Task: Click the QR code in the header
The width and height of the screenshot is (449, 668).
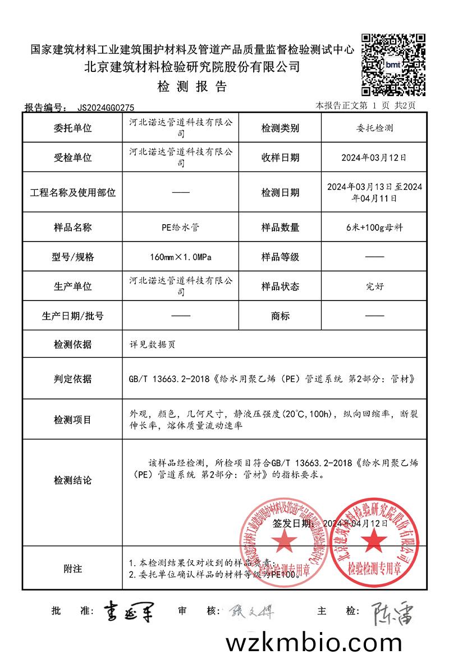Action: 393,64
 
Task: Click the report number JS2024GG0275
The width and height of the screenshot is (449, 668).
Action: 105,107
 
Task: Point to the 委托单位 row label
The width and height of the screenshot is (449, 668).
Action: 72,128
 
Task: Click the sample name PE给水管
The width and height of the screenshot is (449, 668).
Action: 180,228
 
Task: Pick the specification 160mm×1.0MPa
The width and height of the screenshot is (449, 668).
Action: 180,257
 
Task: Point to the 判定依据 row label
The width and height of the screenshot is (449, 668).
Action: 72,379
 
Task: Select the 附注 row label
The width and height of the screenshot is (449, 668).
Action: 72,569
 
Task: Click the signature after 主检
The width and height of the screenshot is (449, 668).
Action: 393,613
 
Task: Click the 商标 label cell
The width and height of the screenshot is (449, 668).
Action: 280,316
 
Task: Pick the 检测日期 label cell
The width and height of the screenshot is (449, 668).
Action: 280,193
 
